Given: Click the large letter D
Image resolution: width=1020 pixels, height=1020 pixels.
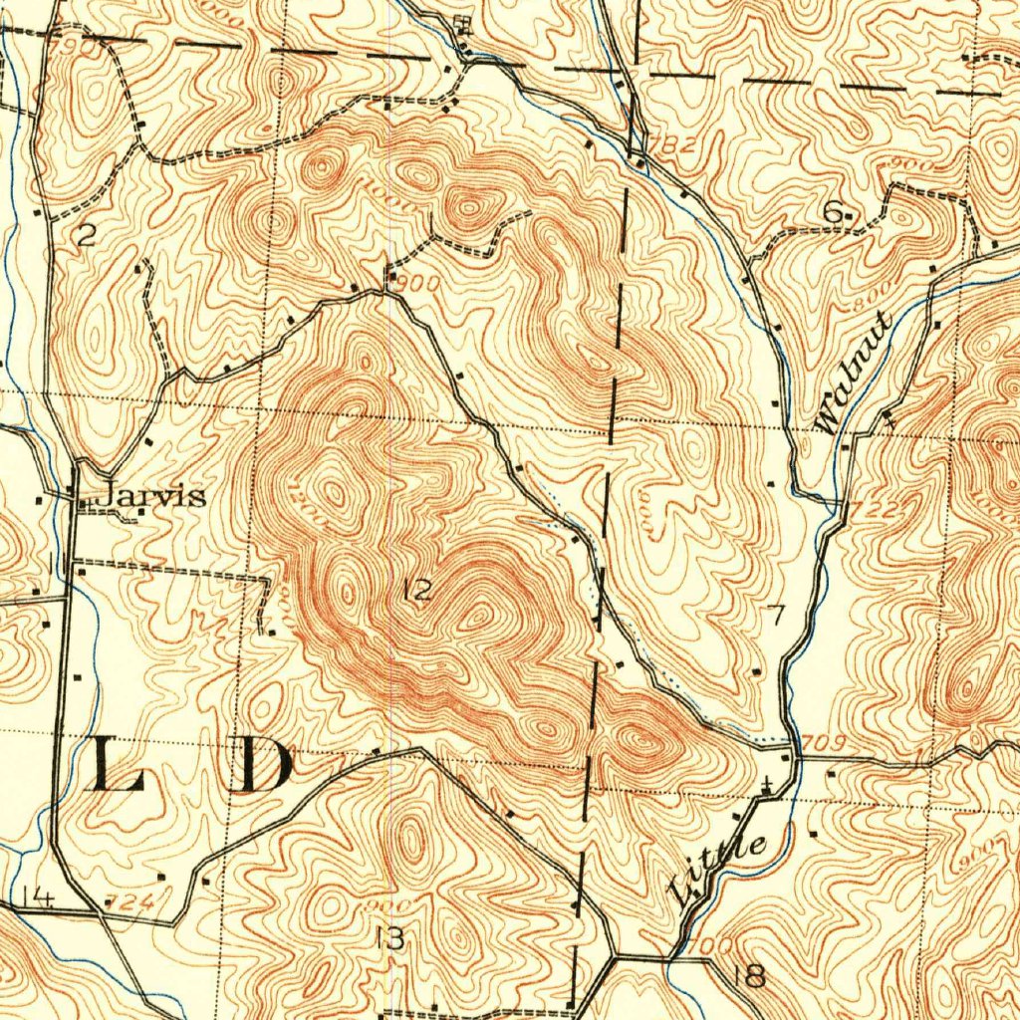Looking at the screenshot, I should pyautogui.click(x=264, y=767).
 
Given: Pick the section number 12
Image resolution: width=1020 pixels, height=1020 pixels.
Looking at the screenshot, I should pyautogui.click(x=418, y=591).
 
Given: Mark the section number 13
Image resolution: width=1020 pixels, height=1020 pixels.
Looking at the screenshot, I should pyautogui.click(x=390, y=937).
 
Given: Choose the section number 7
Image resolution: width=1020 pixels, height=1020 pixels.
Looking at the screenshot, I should pyautogui.click(x=776, y=615).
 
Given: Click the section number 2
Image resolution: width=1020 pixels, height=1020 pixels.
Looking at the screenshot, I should pyautogui.click(x=87, y=235).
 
